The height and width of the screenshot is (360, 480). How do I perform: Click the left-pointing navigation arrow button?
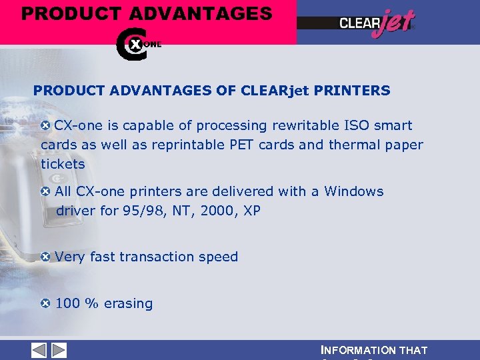point(39,350)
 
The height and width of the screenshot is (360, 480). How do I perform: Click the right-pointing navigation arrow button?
point(59,350)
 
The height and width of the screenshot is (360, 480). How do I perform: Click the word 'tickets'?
point(63,164)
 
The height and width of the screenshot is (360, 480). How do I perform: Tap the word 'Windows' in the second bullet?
point(354,192)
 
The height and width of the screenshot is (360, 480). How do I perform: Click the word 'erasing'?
point(128,304)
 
